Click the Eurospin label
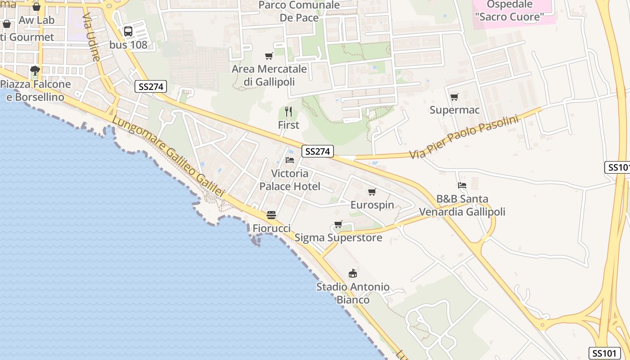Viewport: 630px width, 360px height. (x=372, y=205)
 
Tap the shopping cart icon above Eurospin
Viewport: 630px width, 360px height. (x=372, y=192)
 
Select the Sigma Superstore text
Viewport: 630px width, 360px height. (x=338, y=238)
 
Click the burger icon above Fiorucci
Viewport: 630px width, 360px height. (x=271, y=215)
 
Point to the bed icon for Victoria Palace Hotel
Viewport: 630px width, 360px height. (x=290, y=160)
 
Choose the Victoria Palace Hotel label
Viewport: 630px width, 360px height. (x=290, y=180)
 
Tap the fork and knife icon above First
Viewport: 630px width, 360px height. (x=288, y=112)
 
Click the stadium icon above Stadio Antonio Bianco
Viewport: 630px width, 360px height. (x=353, y=273)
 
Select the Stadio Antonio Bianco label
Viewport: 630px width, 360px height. (x=353, y=293)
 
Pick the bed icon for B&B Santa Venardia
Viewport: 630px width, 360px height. (x=462, y=185)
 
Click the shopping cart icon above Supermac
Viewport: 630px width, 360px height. (x=454, y=97)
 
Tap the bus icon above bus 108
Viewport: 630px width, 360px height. (x=128, y=31)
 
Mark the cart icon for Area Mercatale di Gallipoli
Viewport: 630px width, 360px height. (x=269, y=56)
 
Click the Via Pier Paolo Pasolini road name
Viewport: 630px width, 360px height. (x=464, y=137)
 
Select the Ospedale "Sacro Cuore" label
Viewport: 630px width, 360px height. (x=509, y=11)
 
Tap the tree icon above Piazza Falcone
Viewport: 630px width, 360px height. (x=35, y=71)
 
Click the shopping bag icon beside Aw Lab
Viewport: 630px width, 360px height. (x=7, y=23)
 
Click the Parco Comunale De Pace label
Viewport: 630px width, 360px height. (x=299, y=11)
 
